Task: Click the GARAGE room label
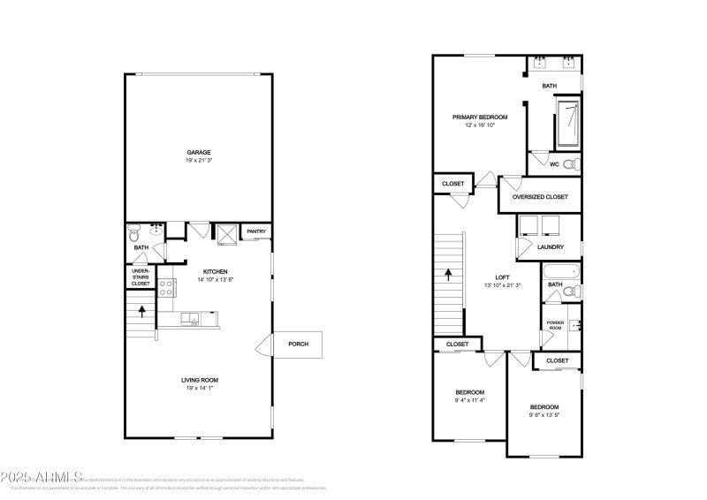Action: click(198, 152)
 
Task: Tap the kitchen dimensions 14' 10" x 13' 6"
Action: click(217, 279)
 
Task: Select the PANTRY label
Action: click(256, 231)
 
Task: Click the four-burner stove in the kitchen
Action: click(165, 286)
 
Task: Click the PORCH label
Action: click(298, 344)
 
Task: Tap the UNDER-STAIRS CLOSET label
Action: click(141, 276)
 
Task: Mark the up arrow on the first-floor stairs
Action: click(138, 311)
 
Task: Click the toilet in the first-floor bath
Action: click(134, 235)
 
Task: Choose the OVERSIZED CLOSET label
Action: click(540, 197)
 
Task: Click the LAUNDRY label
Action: click(551, 246)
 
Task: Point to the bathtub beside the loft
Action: click(559, 272)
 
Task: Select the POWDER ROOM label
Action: click(555, 325)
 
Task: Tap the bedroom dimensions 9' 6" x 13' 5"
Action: click(544, 415)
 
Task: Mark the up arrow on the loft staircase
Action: click(449, 274)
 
